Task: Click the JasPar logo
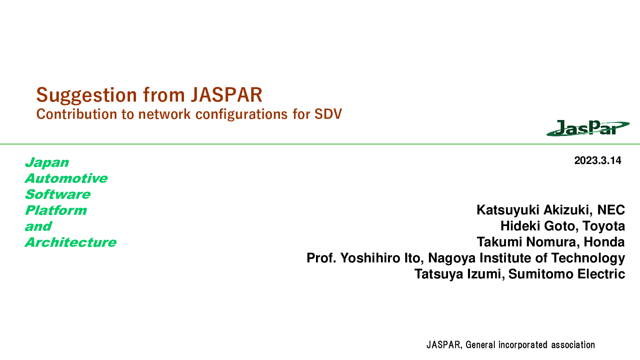coord(588,128)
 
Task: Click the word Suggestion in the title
coord(86,96)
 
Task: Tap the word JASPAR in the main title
coord(226,95)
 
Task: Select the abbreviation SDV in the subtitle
coord(328,114)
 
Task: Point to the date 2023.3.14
coord(598,160)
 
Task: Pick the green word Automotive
coord(66,178)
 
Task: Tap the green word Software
coord(58,194)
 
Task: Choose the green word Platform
coord(56,210)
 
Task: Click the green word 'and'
coord(38,226)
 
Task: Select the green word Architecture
coord(70,242)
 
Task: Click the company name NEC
coord(611,210)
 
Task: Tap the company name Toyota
coord(604,226)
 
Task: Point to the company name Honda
coord(604,242)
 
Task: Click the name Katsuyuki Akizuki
coord(532,210)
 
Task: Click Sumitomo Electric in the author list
coord(566,274)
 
